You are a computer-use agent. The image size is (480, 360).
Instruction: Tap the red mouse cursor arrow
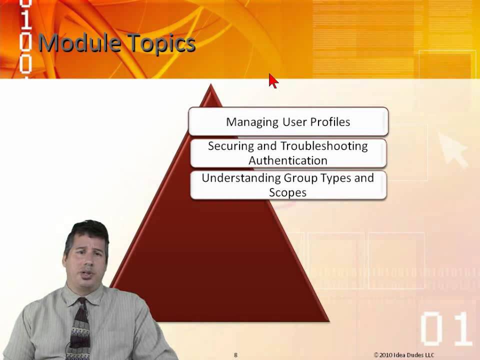(x=273, y=81)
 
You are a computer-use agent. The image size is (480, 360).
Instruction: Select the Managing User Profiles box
(x=288, y=121)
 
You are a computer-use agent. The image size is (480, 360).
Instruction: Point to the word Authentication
(x=288, y=160)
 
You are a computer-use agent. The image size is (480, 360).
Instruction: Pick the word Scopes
(x=287, y=192)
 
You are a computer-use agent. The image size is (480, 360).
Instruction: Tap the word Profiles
(x=330, y=121)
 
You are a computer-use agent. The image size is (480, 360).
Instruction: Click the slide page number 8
(x=235, y=355)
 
